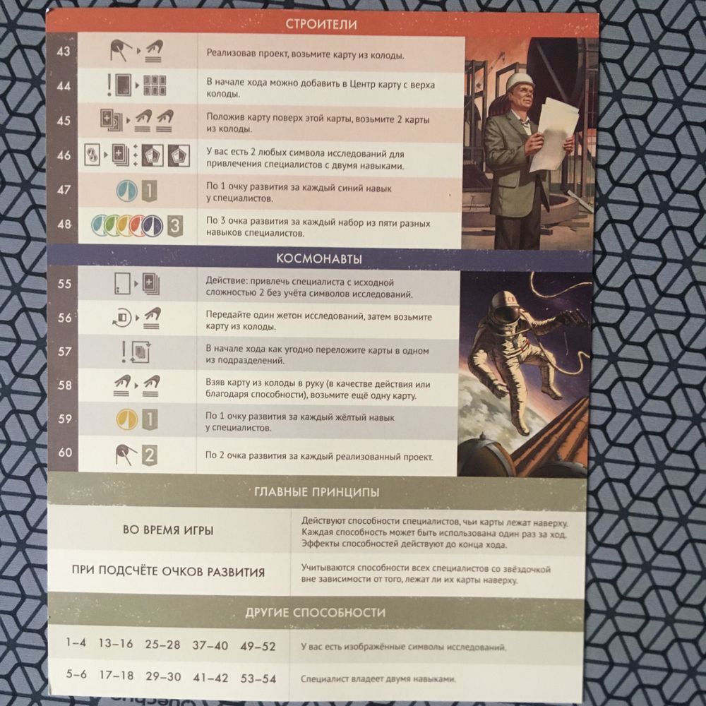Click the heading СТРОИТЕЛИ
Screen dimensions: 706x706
321,24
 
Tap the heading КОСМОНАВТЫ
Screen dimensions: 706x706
319,259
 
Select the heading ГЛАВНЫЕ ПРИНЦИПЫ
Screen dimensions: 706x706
316,491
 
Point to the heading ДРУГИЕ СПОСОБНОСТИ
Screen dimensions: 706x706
315,612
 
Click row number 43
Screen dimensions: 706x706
64,52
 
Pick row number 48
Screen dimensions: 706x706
64,224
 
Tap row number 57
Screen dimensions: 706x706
65,351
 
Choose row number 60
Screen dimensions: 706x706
65,452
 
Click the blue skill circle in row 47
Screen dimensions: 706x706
126,191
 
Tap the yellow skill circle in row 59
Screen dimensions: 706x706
127,419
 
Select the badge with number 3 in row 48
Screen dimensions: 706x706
175,226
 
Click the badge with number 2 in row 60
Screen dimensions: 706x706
150,455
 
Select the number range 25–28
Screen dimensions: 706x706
162,645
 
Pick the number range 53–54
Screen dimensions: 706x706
258,678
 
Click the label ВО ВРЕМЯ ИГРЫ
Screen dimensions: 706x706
168,530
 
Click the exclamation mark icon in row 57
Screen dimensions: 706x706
124,352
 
